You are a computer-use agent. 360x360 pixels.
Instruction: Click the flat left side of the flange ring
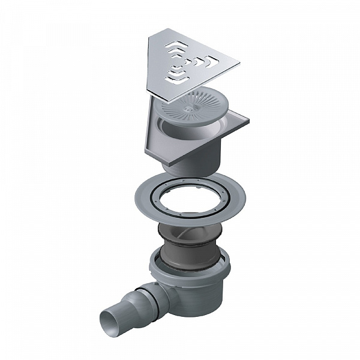[x=140, y=195]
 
